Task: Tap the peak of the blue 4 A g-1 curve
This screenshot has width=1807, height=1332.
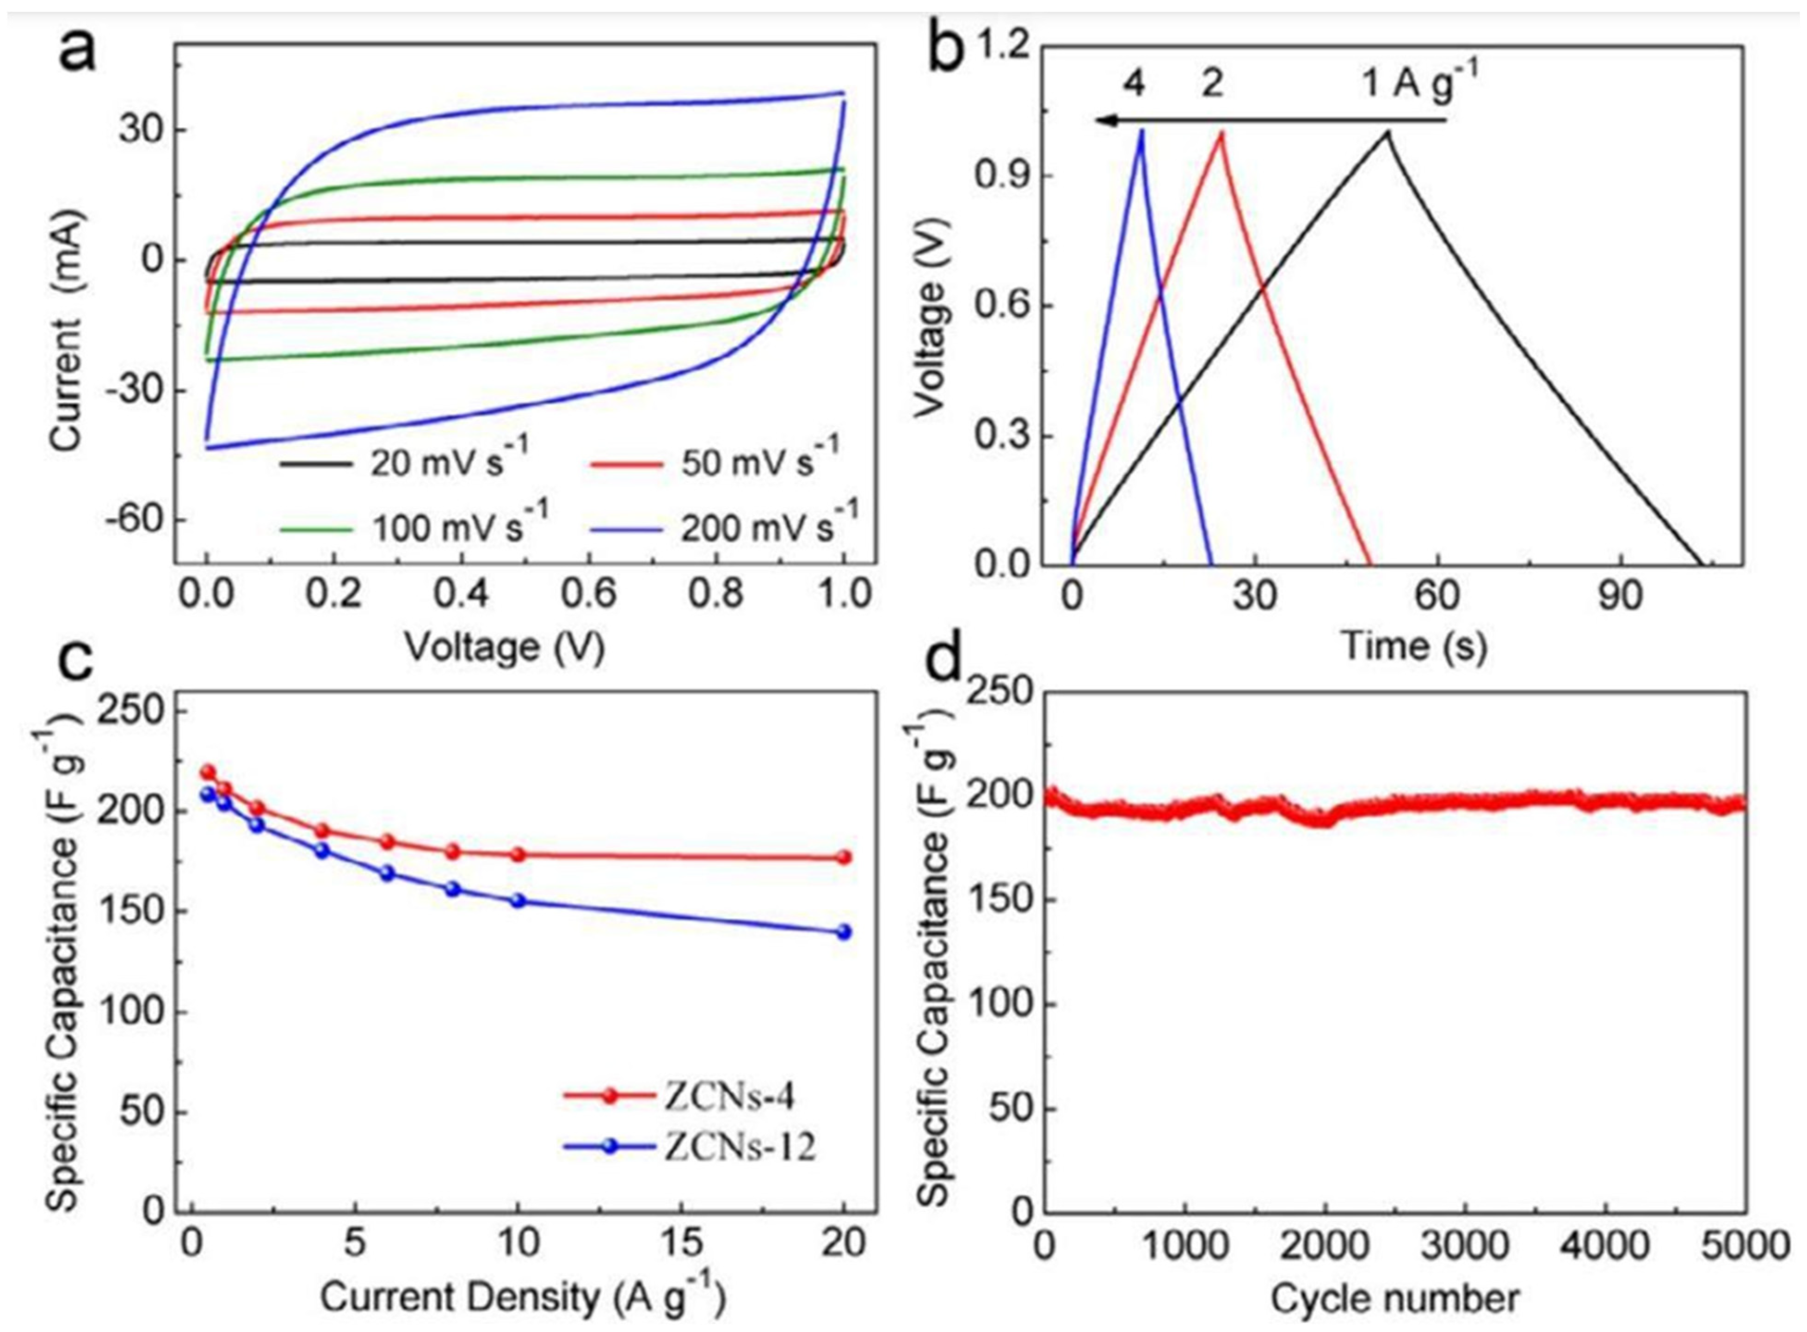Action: pyautogui.click(x=1141, y=131)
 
